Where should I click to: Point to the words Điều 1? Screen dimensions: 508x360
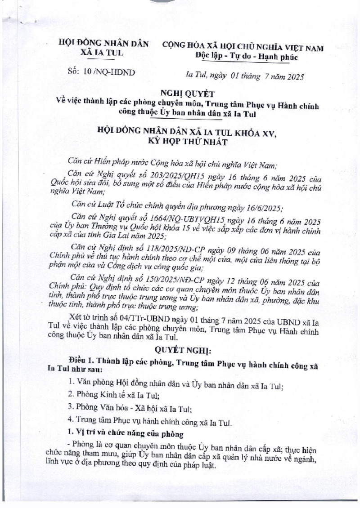[82, 363]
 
